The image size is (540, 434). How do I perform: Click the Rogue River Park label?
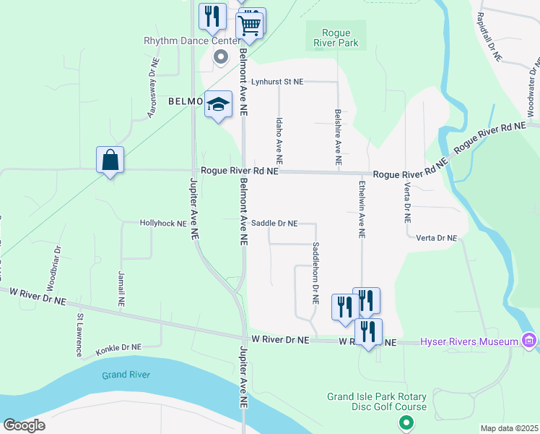tap(336, 38)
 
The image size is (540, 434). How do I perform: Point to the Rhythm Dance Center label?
tap(191, 41)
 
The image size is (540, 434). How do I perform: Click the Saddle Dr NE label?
tap(274, 224)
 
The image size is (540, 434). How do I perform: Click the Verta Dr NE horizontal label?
tap(437, 237)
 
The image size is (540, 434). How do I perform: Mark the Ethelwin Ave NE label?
tap(362, 209)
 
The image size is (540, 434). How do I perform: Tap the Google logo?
tap(24, 425)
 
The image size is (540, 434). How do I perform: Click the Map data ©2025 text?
tap(510, 428)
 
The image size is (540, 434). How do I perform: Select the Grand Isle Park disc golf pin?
tap(406, 422)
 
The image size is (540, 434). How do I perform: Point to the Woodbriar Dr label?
tap(56, 267)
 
